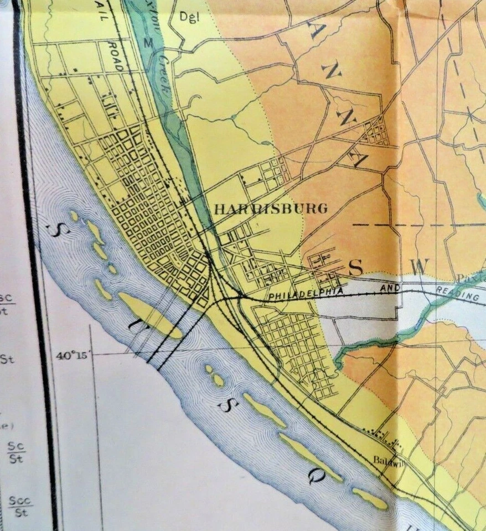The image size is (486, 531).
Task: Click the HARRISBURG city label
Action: (271, 209)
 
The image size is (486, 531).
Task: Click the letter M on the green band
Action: (147, 42)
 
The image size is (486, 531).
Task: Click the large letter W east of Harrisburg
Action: (419, 266)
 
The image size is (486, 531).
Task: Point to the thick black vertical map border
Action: (37, 265)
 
